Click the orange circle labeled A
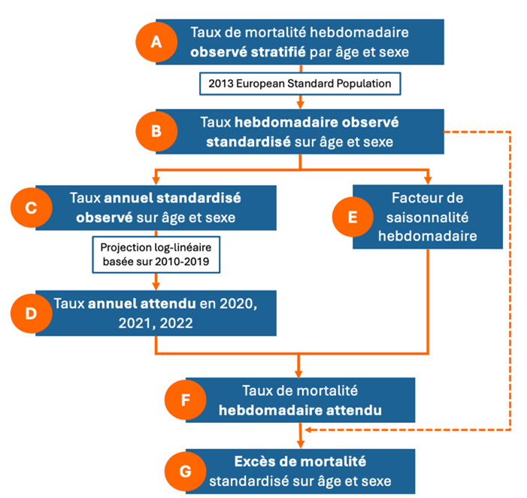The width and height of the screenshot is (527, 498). tap(156, 42)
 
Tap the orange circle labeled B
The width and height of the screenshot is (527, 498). tap(156, 131)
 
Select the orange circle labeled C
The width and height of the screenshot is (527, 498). tap(32, 208)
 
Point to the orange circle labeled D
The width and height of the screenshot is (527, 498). tap(32, 314)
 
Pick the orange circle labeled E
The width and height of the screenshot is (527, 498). tap(353, 217)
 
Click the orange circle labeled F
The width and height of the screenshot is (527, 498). tap(185, 399)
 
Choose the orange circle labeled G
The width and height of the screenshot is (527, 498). tap(185, 471)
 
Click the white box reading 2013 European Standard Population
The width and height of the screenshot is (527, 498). tap(300, 84)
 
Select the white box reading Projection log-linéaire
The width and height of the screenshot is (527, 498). tap(156, 254)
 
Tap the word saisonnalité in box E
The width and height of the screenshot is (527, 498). tap(427, 217)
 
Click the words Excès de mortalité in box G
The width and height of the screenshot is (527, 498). tap(300, 461)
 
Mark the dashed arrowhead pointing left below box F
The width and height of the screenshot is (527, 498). tap(308, 430)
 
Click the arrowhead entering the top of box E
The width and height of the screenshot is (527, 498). tap(428, 181)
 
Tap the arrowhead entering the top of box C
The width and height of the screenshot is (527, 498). tap(156, 181)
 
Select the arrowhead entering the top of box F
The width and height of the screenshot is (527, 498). tap(298, 374)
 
